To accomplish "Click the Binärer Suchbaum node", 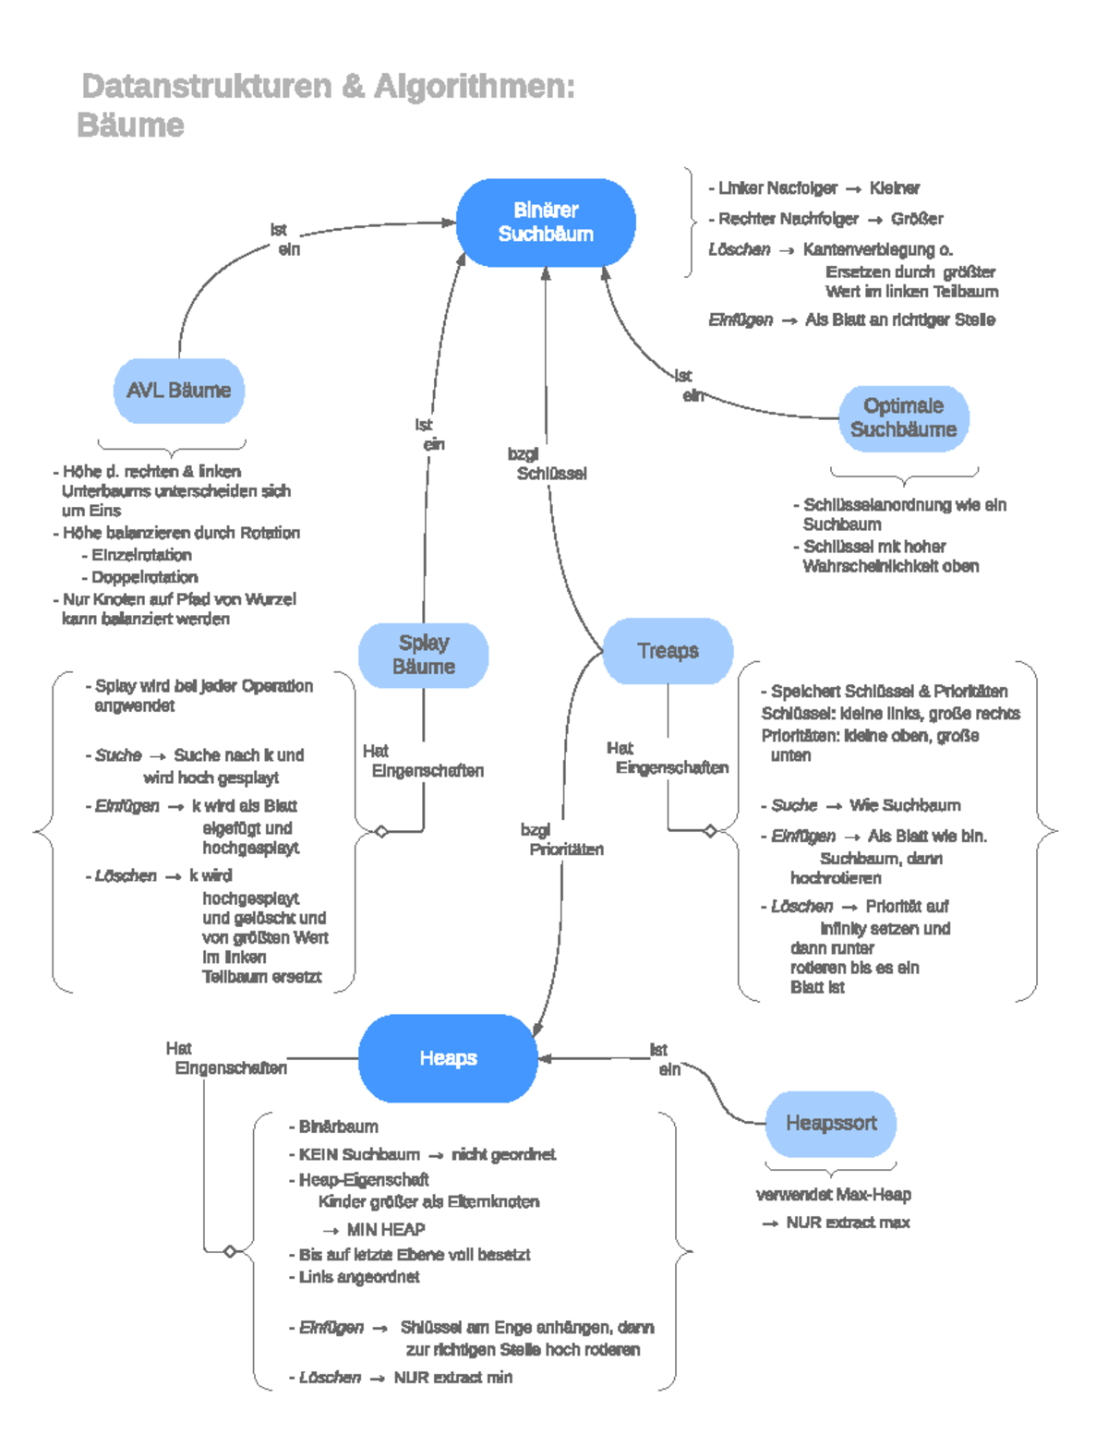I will coord(546,223).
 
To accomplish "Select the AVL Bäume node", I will coord(179,391).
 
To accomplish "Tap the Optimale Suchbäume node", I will coord(903,418).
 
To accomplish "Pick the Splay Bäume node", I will coord(424,655).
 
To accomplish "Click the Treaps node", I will coord(668,651).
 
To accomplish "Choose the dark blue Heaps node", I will coord(448,1058).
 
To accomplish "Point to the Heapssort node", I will coord(831,1124).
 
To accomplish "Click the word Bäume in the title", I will coord(131,126).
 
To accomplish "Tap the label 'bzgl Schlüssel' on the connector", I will coord(547,464).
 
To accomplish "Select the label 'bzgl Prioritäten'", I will coord(561,839).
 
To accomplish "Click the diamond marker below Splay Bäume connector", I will coord(381,832).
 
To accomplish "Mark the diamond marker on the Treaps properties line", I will coord(710,831).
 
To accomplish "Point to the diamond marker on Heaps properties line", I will coord(230,1251).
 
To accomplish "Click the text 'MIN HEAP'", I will coord(385,1230).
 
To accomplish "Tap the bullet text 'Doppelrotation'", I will coord(144,577).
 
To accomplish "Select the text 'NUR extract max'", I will coord(847,1223).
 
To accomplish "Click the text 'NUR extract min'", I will coord(452,1378).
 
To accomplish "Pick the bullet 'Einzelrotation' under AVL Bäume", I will coord(141,555).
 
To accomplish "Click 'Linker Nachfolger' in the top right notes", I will coord(777,188).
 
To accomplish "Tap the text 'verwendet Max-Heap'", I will coord(834,1195).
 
